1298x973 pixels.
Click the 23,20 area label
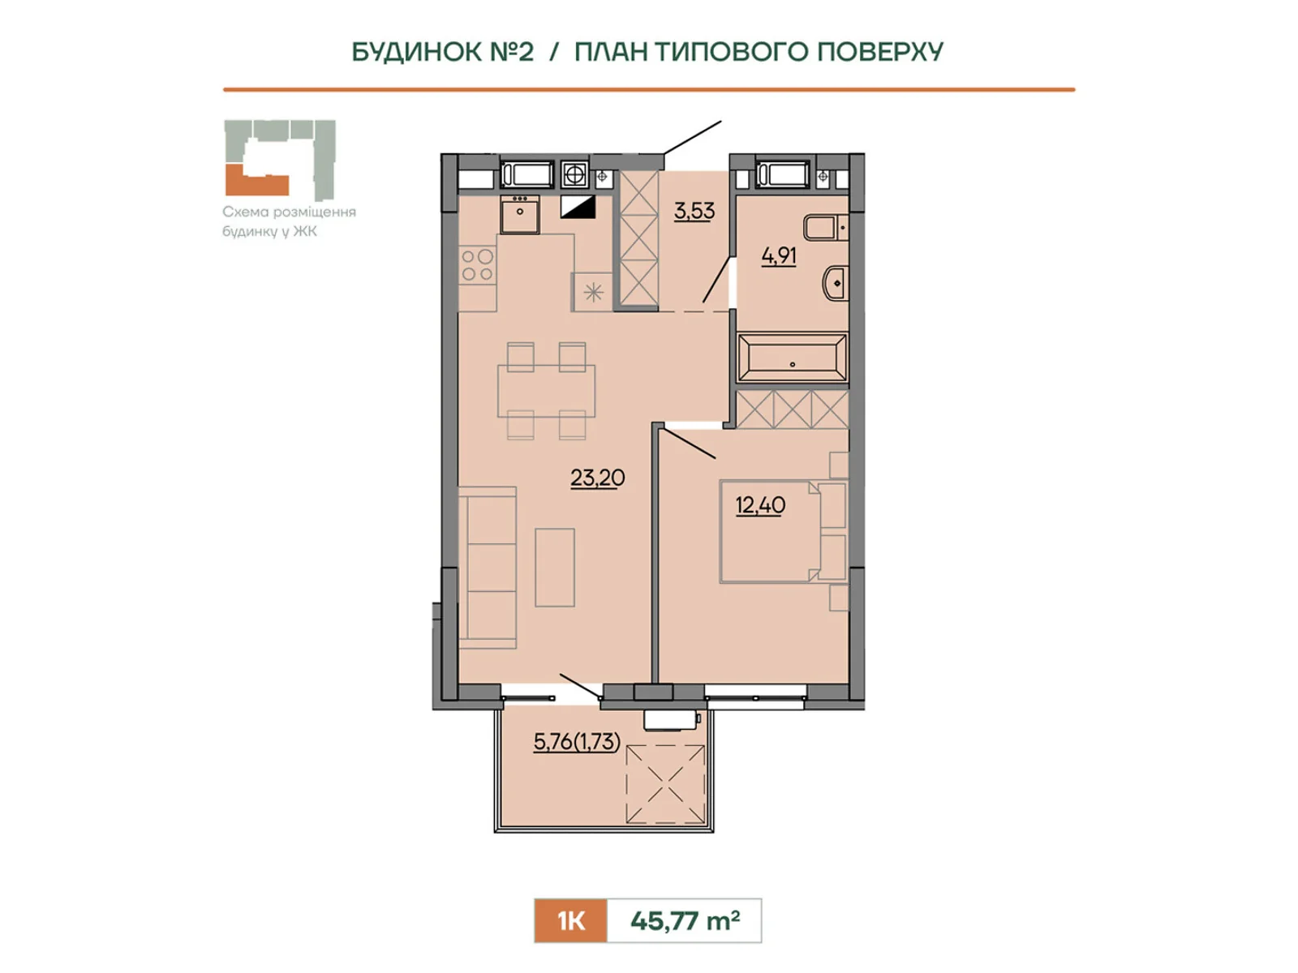(597, 478)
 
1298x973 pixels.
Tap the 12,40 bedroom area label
(760, 506)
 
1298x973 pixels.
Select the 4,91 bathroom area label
(779, 256)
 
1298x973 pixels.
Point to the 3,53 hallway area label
(694, 211)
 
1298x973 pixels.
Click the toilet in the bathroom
(826, 228)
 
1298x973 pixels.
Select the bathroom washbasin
(835, 284)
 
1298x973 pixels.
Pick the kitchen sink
(520, 214)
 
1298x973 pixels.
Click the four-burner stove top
(477, 264)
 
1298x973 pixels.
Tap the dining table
(546, 391)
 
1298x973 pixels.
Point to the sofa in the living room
(488, 568)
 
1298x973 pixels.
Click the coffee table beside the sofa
(555, 567)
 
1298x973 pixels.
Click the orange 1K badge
(570, 920)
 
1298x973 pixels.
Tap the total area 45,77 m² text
(685, 920)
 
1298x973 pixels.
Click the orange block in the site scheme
(256, 182)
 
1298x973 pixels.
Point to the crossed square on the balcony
(665, 784)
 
